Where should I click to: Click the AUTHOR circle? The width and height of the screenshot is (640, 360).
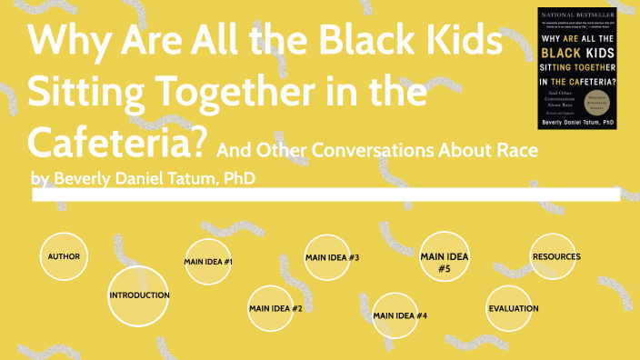coord(65,256)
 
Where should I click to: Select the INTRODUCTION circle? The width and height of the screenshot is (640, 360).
coord(139,295)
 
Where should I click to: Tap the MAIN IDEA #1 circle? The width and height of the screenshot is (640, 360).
coord(209,262)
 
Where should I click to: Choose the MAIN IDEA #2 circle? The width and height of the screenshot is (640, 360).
coord(275,308)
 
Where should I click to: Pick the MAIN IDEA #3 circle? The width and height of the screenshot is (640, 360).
coord(332,257)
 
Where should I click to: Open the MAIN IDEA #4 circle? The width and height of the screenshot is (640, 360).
coord(400,315)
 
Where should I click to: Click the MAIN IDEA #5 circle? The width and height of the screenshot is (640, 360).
coord(445,262)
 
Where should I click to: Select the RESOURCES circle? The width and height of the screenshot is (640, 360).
coord(555,256)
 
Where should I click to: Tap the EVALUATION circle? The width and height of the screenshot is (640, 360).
coord(514,308)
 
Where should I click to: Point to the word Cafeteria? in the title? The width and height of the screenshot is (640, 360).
coord(119,141)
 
